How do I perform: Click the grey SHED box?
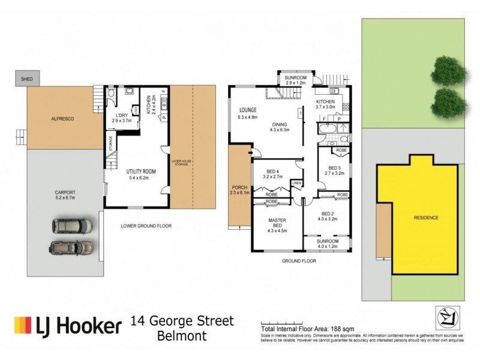pyautogui.click(x=26, y=79)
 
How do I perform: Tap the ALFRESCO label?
pyautogui.click(x=62, y=120)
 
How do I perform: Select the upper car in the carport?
pyautogui.click(x=72, y=226)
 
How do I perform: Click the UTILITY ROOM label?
pyautogui.click(x=141, y=172)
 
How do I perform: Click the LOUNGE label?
pyautogui.click(x=247, y=110)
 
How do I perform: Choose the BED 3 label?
pyautogui.click(x=335, y=168)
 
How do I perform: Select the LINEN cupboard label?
pyautogui.click(x=296, y=183)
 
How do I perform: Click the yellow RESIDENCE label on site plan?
pyautogui.click(x=425, y=217)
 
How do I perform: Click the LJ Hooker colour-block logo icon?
pyautogui.click(x=23, y=326)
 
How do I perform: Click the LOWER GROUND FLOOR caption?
pyautogui.click(x=146, y=226)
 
